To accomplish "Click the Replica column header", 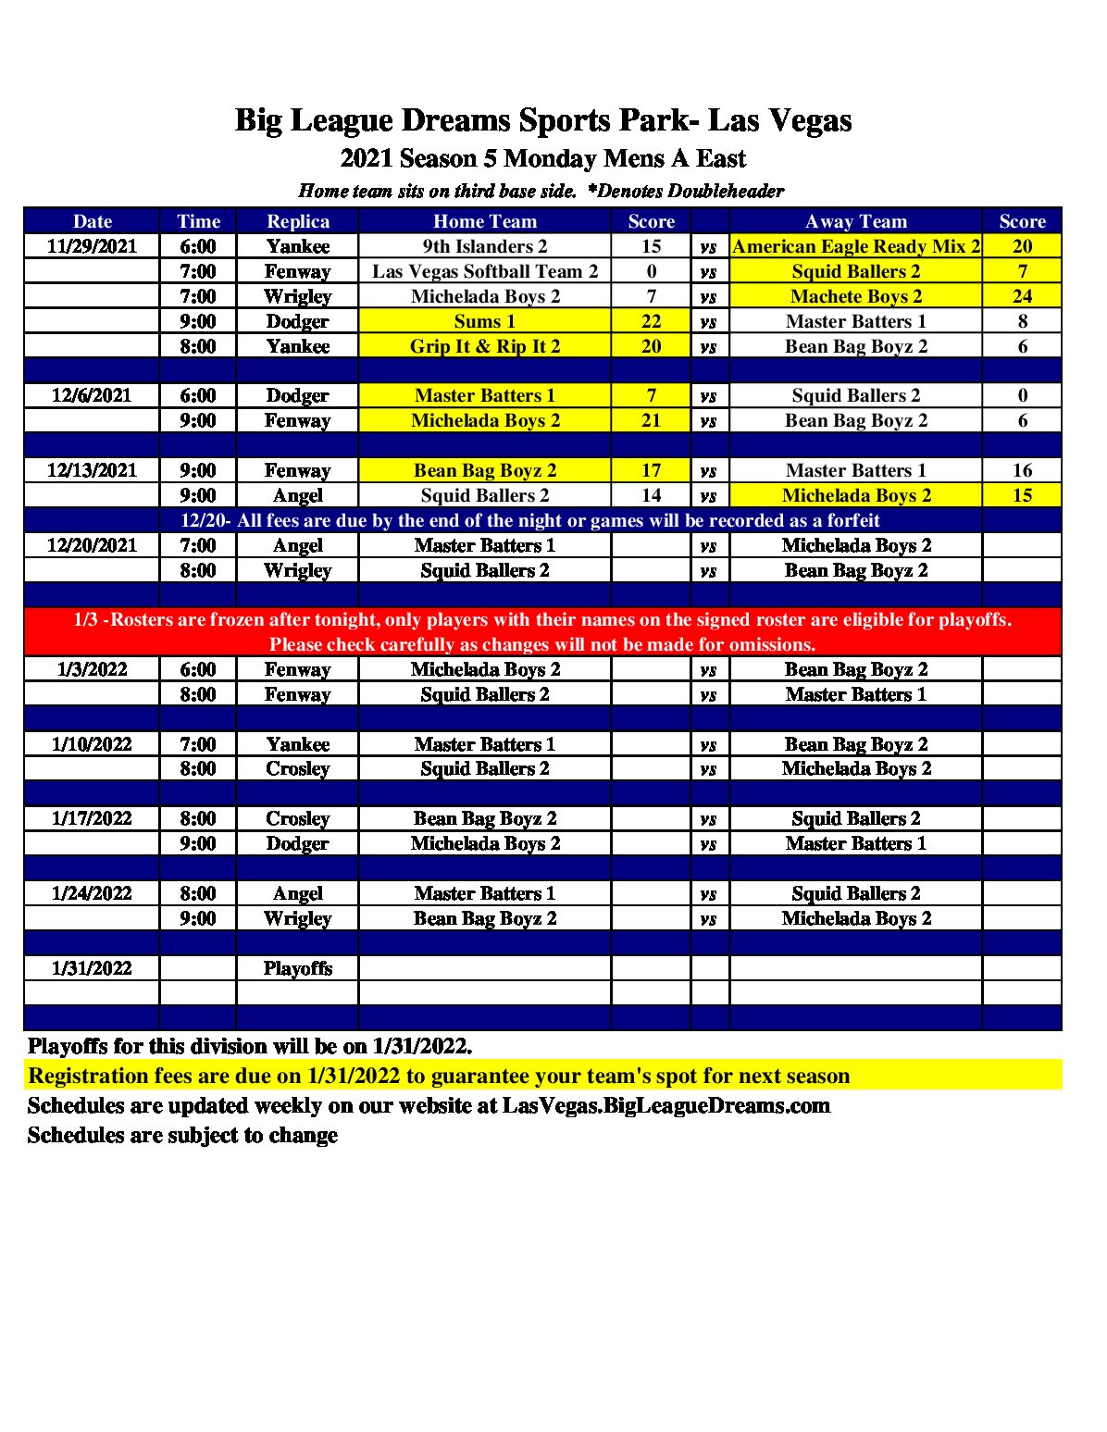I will [297, 221].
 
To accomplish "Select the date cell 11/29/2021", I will [92, 246].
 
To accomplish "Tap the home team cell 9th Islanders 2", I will [484, 246].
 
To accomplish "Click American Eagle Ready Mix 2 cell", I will [855, 246].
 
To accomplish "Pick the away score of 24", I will [1022, 296].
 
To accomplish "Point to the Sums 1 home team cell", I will [484, 321].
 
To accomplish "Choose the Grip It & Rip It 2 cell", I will [484, 346].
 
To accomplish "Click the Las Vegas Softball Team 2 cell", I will [484, 271].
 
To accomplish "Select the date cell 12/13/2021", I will [92, 470].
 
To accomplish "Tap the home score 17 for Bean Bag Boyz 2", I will [651, 470].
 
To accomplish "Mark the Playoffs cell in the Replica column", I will [297, 968].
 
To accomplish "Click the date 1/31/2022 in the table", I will [92, 968].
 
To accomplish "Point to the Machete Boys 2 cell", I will [855, 296].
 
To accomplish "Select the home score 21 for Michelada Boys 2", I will [651, 420].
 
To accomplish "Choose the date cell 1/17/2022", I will [92, 818].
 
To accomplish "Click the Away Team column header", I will [855, 221].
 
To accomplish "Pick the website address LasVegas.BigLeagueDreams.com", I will [665, 1106].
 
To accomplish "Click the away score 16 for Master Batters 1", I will [1022, 470].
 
